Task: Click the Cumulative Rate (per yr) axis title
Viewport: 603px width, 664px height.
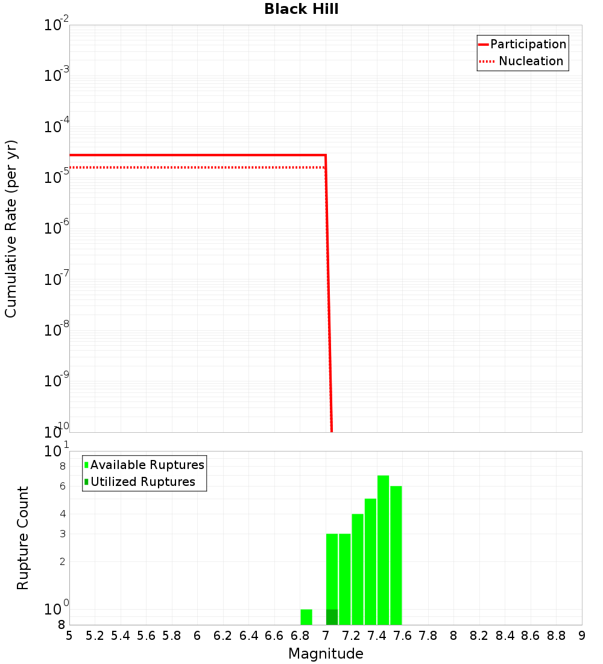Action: click(11, 228)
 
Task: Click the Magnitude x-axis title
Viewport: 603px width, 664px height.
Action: click(326, 654)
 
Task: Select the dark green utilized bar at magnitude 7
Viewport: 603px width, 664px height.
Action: click(332, 617)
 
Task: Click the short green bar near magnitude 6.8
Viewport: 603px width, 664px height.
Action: click(306, 617)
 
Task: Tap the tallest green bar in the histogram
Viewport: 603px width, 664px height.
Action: click(383, 549)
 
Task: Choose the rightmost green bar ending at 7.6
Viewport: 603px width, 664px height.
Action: click(396, 555)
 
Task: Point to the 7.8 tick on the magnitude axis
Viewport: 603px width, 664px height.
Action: click(428, 636)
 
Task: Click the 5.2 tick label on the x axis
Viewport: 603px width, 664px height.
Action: click(95, 636)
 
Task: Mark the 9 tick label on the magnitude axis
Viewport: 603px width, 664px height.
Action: click(581, 636)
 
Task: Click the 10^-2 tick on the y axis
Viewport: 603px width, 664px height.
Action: click(57, 25)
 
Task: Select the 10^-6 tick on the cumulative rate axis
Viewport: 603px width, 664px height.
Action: click(57, 228)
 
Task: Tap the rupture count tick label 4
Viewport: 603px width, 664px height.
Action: click(62, 514)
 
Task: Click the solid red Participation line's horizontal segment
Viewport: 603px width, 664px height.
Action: click(199, 155)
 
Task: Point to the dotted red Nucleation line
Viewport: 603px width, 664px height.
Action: click(199, 167)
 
